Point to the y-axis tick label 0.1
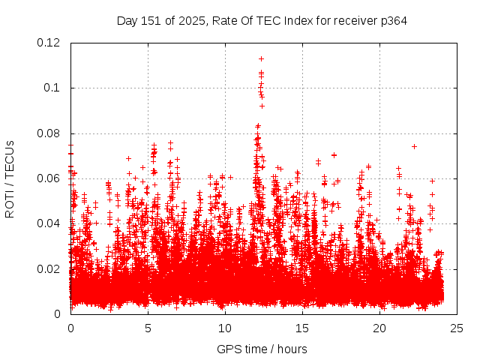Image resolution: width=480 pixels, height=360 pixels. point(53,88)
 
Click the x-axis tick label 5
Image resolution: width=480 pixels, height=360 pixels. point(148,328)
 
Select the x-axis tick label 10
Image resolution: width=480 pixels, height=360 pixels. point(225,328)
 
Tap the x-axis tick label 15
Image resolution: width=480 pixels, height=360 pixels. point(302,328)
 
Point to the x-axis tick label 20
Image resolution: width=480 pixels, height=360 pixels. point(379,328)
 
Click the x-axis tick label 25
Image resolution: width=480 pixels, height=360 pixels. point(457,328)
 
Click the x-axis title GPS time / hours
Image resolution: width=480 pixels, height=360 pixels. point(262,349)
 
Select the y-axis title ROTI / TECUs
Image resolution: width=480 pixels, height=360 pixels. point(10,178)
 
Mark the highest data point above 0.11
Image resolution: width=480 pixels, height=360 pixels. point(261,58)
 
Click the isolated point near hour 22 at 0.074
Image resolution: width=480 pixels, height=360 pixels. point(414,146)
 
